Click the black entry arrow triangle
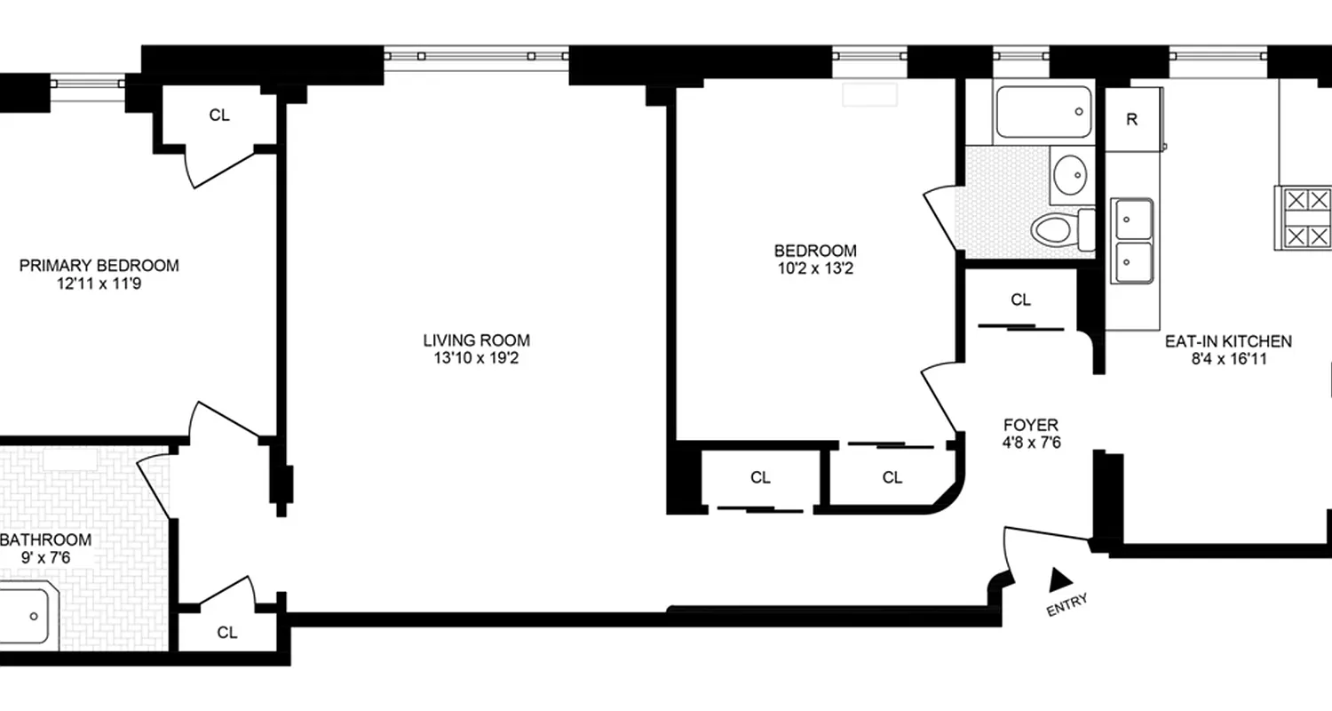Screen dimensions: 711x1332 [1059, 580]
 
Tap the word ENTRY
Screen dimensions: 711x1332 [1066, 605]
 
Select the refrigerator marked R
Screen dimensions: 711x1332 [1131, 120]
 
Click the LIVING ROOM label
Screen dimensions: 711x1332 [476, 340]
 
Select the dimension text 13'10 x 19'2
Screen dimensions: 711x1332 [476, 358]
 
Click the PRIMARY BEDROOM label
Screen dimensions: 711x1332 [99, 265]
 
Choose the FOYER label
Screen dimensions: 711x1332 [1030, 425]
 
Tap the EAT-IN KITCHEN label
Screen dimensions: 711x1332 [1228, 340]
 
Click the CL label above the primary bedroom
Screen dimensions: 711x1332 [219, 115]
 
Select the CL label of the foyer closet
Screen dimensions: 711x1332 [1021, 300]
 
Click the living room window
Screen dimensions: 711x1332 [477, 56]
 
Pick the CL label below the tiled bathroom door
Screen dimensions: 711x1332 [227, 633]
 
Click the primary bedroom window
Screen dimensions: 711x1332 [88, 84]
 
